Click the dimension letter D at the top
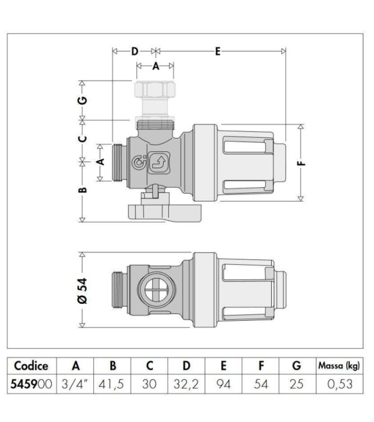coord(134,51)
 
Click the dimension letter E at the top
coord(218,51)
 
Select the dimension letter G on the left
coord(82,101)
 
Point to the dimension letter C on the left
coord(82,137)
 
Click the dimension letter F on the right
coord(301,164)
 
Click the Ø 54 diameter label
coord(82,290)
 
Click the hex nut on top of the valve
coord(155,89)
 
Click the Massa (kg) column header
coord(338,366)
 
